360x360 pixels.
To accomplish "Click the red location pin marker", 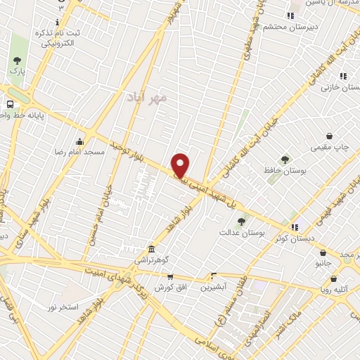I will pos(181,165).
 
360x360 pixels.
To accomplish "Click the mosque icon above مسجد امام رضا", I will pos(79,141).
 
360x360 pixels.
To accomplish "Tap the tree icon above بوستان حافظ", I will pos(285,160).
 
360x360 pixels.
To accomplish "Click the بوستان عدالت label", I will pos(241,232).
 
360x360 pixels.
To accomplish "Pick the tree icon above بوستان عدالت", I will pos(241,221).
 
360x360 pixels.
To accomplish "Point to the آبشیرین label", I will pos(213,287).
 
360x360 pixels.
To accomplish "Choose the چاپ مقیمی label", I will pos(329,148).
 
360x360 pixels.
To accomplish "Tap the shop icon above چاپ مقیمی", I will pos(329,136).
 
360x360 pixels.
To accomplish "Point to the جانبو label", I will pos(323,263).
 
